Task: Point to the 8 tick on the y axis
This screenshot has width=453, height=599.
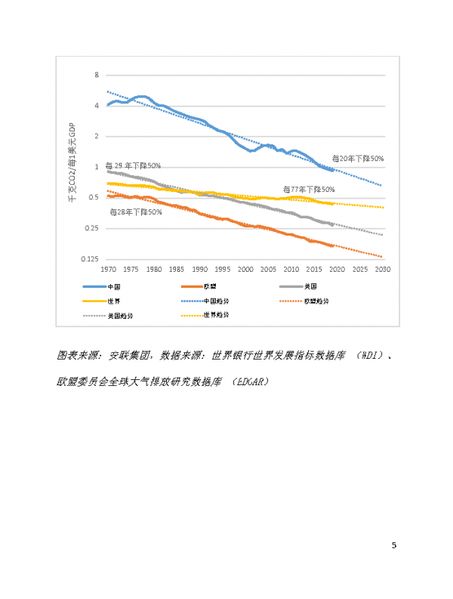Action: click(97, 75)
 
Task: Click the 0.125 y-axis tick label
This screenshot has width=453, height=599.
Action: click(90, 259)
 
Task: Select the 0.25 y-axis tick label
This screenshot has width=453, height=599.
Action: click(92, 228)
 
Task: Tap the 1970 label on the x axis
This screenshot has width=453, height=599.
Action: click(108, 269)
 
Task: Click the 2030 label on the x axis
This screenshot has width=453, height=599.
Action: click(383, 269)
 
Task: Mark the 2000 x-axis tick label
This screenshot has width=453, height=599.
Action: click(245, 269)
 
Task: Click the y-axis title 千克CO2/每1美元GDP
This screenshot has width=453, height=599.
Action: click(73, 167)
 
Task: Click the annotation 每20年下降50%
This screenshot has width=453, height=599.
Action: click(358, 159)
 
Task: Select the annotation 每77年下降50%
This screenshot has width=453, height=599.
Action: click(308, 189)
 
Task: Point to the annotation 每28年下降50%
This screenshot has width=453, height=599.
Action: click(136, 212)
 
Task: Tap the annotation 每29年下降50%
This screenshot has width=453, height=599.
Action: click(133, 165)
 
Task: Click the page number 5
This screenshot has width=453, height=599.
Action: click(394, 545)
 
